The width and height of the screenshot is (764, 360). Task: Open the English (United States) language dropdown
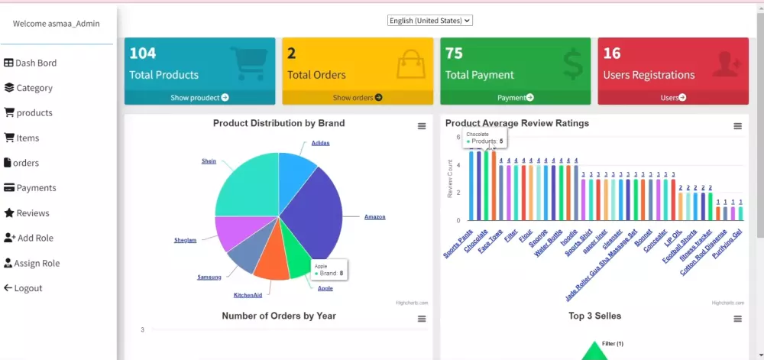[x=429, y=21]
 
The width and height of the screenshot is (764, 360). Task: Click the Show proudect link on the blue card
[x=199, y=98]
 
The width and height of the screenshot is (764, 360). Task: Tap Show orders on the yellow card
[x=358, y=98]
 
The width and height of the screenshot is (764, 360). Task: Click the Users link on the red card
[x=673, y=98]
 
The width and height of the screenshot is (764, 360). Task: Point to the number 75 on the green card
[x=454, y=54]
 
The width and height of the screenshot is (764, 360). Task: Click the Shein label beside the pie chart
[x=209, y=161]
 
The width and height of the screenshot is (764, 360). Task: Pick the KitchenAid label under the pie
[x=248, y=294]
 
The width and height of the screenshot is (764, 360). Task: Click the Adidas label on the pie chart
[x=320, y=143]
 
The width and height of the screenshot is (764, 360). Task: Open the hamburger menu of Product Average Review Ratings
[x=737, y=126]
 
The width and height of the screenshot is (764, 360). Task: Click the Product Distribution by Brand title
[x=278, y=123]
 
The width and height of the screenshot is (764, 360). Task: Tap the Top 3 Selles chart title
[x=594, y=316]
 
